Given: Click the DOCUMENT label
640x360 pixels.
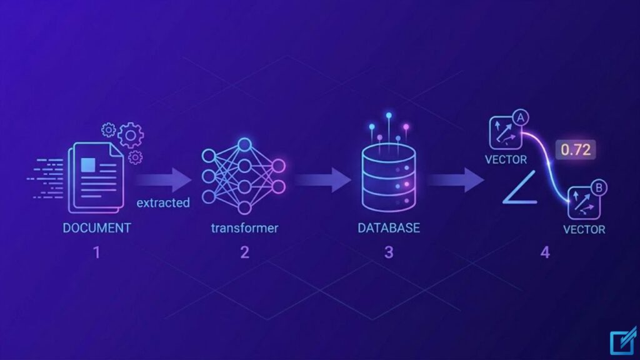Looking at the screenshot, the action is pyautogui.click(x=97, y=227).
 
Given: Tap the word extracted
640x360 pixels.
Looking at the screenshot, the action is pyautogui.click(x=163, y=203).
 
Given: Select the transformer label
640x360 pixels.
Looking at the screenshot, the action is pyautogui.click(x=244, y=227).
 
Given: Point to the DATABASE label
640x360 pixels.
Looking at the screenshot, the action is pyautogui.click(x=389, y=227).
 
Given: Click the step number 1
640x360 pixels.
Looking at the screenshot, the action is pyautogui.click(x=97, y=252).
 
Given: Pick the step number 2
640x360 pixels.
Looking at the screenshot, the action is pyautogui.click(x=244, y=252).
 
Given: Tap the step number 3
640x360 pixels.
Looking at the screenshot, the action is pyautogui.click(x=389, y=252).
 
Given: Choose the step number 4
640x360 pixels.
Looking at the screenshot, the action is pyautogui.click(x=545, y=252).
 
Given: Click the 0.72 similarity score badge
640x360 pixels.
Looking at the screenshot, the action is pyautogui.click(x=576, y=150).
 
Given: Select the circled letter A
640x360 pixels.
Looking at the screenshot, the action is pyautogui.click(x=521, y=118).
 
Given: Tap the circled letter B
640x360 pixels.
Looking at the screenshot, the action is pyautogui.click(x=599, y=187).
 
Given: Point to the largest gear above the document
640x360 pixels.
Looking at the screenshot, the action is pyautogui.click(x=131, y=135).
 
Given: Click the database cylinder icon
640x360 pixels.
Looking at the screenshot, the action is pyautogui.click(x=389, y=177).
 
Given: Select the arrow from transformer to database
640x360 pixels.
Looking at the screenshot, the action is pyautogui.click(x=322, y=180).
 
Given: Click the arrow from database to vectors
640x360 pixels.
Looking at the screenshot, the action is pyautogui.click(x=456, y=180).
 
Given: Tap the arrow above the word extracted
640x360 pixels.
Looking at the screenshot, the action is pyautogui.click(x=163, y=180).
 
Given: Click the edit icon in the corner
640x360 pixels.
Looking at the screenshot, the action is pyautogui.click(x=623, y=341).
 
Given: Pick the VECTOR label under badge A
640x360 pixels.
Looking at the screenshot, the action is pyautogui.click(x=506, y=159).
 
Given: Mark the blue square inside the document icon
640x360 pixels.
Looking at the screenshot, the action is pyautogui.click(x=88, y=165).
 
